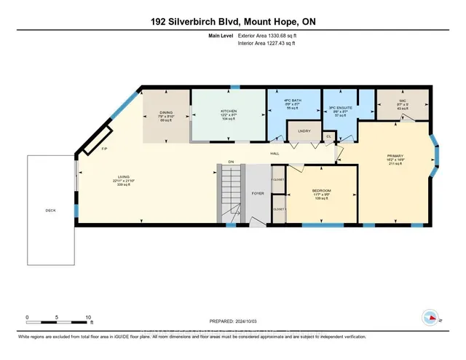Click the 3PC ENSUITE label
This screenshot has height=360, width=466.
pos(341,108)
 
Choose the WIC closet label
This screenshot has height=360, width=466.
pos(402,102)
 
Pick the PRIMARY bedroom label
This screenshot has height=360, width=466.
pos(395,157)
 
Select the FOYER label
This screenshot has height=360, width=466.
pos(258,194)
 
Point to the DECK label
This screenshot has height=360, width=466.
pos(50,211)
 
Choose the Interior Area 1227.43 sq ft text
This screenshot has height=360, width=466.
pos(271,44)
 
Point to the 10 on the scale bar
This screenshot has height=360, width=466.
pos(88,318)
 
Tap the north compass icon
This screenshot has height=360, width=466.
pos(431,318)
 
